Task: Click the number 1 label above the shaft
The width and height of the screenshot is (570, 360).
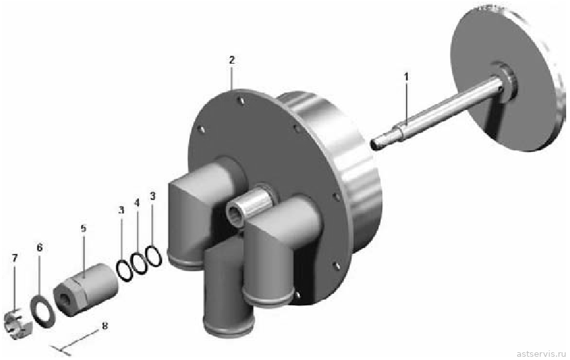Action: click(x=407, y=76)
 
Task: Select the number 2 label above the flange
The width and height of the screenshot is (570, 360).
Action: click(x=232, y=60)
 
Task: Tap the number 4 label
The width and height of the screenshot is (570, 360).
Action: click(x=136, y=203)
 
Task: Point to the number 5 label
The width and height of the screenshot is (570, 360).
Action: click(x=83, y=228)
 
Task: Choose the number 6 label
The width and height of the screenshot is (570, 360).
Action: click(x=40, y=248)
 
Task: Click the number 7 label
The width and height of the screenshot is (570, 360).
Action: click(x=15, y=258)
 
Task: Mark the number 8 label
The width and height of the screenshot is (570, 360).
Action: click(x=105, y=326)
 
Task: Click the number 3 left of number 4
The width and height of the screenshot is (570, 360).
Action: click(x=121, y=210)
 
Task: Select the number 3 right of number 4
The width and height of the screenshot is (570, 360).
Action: click(x=152, y=196)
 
